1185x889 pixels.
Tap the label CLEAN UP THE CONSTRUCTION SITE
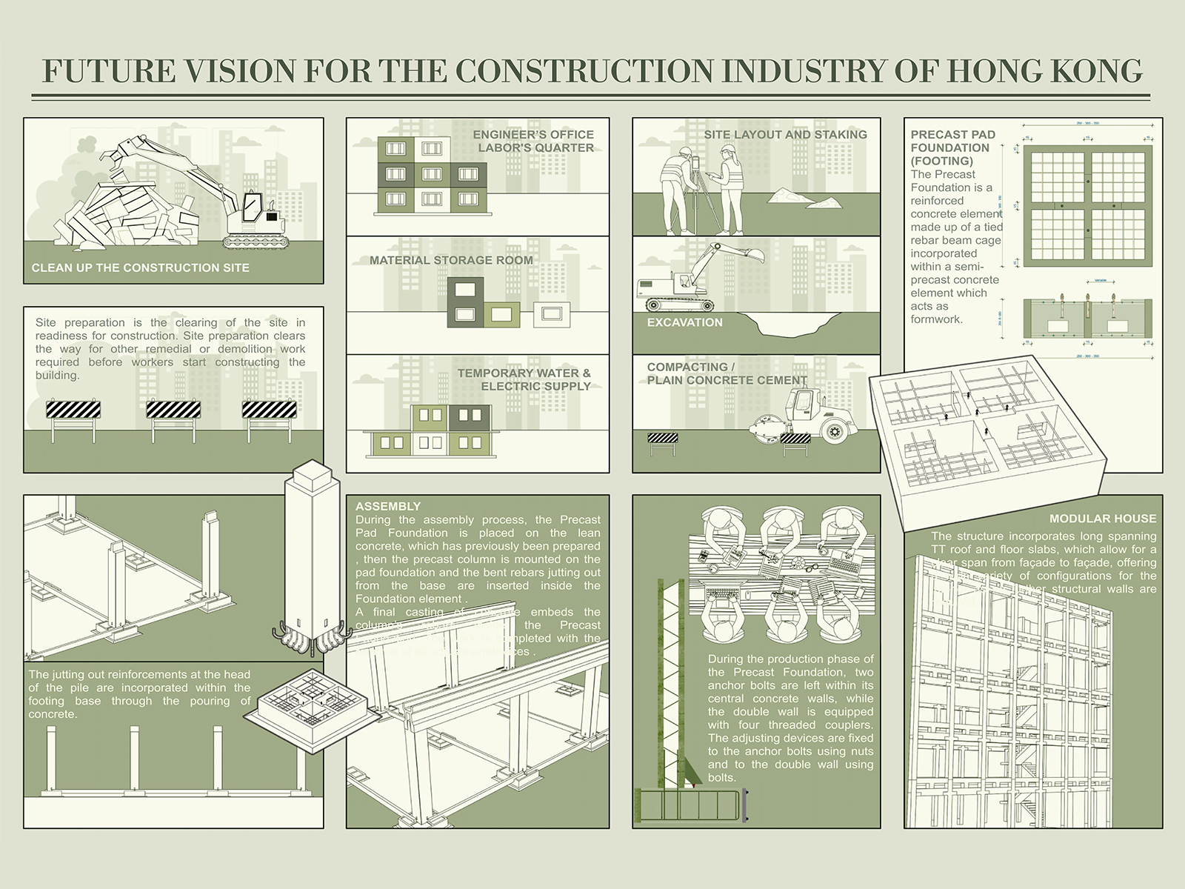click(140, 267)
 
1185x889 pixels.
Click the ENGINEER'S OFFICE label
click(533, 135)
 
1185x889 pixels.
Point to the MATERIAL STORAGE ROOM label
click(451, 260)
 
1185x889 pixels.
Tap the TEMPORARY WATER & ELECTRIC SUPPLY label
click(524, 379)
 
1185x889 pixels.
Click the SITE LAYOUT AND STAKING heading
click(785, 135)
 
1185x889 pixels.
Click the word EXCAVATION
click(684, 322)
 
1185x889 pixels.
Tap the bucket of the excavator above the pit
click(755, 256)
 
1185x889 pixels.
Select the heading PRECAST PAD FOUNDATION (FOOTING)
click(952, 147)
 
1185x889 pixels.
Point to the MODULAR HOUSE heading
click(1102, 519)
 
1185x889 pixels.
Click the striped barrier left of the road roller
click(662, 439)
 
